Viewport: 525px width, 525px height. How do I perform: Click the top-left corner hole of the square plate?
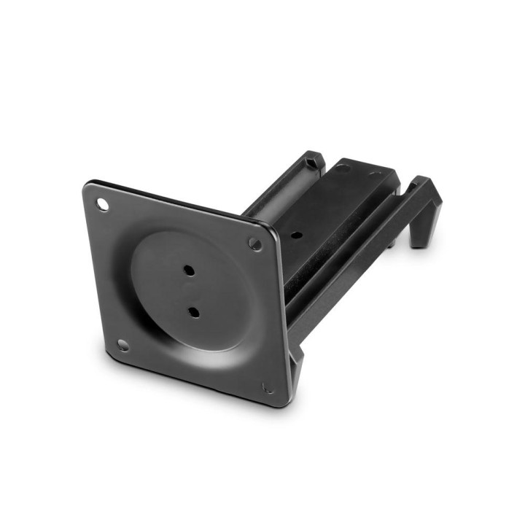(102, 205)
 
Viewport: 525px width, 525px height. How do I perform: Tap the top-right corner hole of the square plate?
(255, 244)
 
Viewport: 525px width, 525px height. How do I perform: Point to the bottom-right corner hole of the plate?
(268, 388)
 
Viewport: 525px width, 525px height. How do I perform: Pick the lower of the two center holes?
(193, 312)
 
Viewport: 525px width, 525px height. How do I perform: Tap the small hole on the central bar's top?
(296, 236)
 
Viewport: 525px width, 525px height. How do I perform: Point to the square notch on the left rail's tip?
(312, 160)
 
